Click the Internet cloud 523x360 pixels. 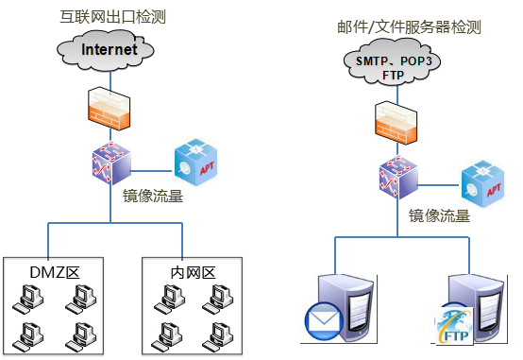click(106, 50)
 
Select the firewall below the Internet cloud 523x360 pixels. click(110, 109)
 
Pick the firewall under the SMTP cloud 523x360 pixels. click(396, 123)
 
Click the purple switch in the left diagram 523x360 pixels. click(111, 163)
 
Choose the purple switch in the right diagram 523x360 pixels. click(398, 178)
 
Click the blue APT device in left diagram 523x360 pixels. click(195, 163)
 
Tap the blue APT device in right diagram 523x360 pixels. click(482, 183)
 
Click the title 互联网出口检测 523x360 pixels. click(112, 17)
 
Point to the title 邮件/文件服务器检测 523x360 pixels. click(409, 26)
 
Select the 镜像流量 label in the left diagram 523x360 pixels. click(153, 196)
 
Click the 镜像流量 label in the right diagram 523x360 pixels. click(439, 215)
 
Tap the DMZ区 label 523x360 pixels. click(55, 272)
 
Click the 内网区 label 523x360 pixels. click(194, 273)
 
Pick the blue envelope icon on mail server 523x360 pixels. click(324, 321)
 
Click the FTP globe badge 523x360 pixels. click(454, 325)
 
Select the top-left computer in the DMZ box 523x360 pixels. click(28, 300)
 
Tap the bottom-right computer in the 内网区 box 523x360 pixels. click(217, 337)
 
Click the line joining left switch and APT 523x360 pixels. click(151, 171)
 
